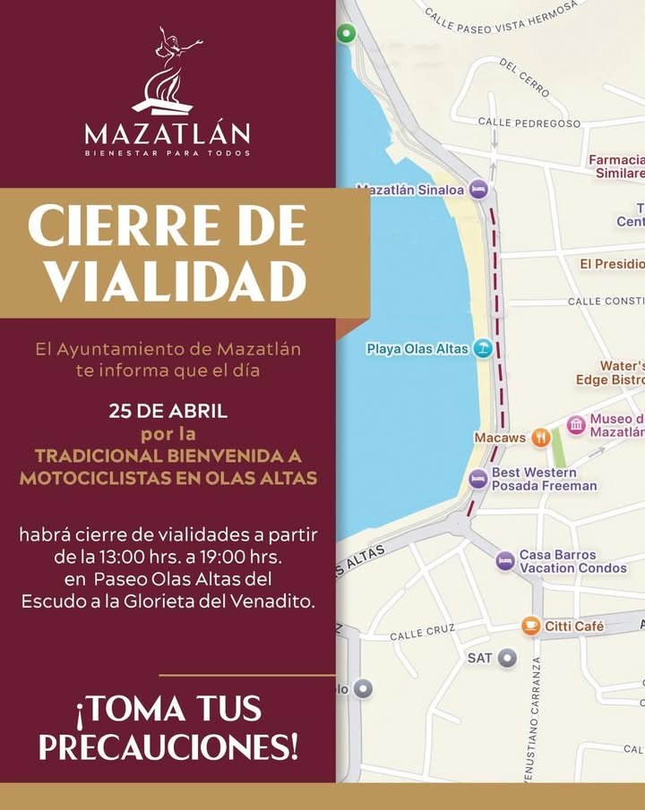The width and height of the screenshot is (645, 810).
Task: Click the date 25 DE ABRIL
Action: [168, 413]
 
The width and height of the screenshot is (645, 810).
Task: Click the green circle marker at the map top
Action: [346, 34]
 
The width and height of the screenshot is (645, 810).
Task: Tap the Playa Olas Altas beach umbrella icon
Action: [483, 348]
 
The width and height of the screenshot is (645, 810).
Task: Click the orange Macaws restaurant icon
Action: [540, 438]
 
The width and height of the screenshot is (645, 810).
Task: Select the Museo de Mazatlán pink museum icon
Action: [576, 425]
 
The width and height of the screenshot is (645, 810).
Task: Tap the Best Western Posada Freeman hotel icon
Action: [479, 479]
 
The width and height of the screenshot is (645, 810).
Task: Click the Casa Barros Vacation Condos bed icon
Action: [505, 561]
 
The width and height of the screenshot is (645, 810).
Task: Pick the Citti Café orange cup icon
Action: [531, 626]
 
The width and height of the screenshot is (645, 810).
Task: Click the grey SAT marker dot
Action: [508, 658]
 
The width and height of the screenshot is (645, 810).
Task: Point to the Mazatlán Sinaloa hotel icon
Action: [478, 189]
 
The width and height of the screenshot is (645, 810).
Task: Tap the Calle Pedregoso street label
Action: [529, 123]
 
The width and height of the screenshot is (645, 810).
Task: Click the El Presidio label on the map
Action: [611, 264]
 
